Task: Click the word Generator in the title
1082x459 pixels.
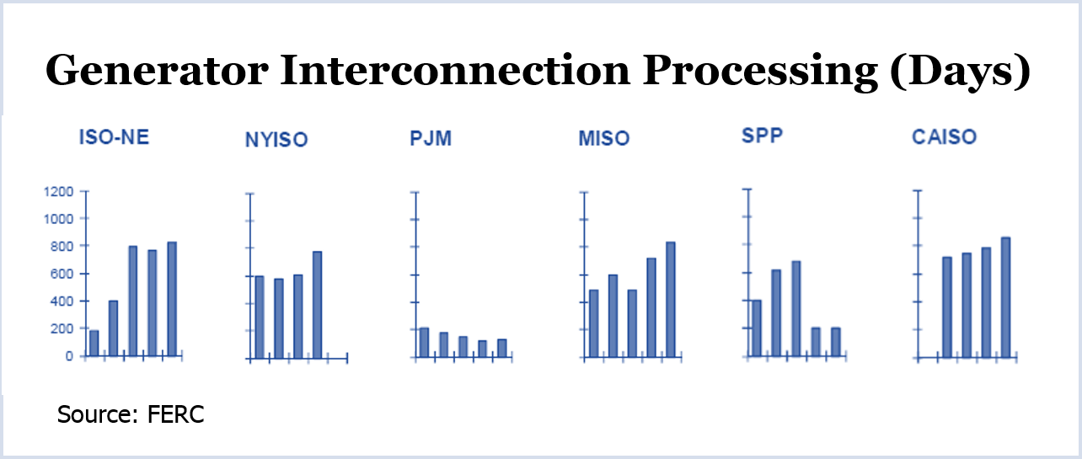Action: tap(157, 71)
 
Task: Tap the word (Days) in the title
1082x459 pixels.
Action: tap(961, 72)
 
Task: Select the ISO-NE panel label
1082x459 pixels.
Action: tap(114, 137)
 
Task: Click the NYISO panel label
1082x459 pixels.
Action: tap(276, 140)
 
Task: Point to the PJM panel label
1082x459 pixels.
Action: tap(431, 138)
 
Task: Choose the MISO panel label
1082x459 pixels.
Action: tap(604, 138)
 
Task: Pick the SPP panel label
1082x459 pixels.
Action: tap(763, 135)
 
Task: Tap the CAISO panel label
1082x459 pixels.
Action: tap(945, 137)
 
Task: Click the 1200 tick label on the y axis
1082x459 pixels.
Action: tap(58, 192)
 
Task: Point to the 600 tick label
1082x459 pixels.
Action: tap(62, 274)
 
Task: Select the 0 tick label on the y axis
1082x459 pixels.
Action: tap(69, 356)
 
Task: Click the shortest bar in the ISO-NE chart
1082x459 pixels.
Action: tap(94, 343)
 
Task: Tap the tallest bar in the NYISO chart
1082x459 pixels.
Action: tap(318, 305)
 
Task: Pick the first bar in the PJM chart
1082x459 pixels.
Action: tap(424, 343)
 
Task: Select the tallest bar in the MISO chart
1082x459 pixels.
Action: tap(671, 300)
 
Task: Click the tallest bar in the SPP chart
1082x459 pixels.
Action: tap(796, 309)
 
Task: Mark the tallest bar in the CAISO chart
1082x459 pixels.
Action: tap(1005, 298)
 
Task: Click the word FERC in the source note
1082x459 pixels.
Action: tap(176, 414)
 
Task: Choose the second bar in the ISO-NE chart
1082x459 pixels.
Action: tap(114, 328)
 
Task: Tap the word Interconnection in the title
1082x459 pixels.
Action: tap(455, 71)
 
